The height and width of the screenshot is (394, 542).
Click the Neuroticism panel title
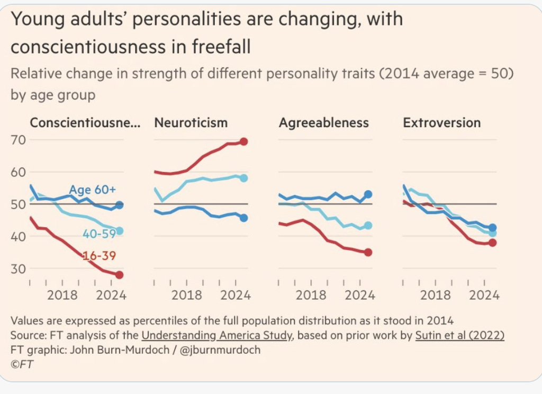191,123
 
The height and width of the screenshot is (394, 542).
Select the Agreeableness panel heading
323,123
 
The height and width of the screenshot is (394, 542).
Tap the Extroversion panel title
441,123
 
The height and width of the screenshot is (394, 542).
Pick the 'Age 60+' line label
92,190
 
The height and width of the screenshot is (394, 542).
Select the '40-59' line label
99,234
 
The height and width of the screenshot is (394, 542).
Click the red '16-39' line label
99,256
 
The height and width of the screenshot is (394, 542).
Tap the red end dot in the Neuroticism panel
243,141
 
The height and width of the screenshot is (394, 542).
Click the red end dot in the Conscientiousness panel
119,275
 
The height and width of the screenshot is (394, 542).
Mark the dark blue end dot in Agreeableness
368,194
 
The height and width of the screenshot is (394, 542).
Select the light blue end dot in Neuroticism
243,178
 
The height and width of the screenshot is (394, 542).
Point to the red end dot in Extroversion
492,243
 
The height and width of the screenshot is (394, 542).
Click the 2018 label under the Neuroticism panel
187,295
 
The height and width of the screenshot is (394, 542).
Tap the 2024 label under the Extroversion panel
484,295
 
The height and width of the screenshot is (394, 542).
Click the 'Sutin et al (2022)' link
459,335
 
